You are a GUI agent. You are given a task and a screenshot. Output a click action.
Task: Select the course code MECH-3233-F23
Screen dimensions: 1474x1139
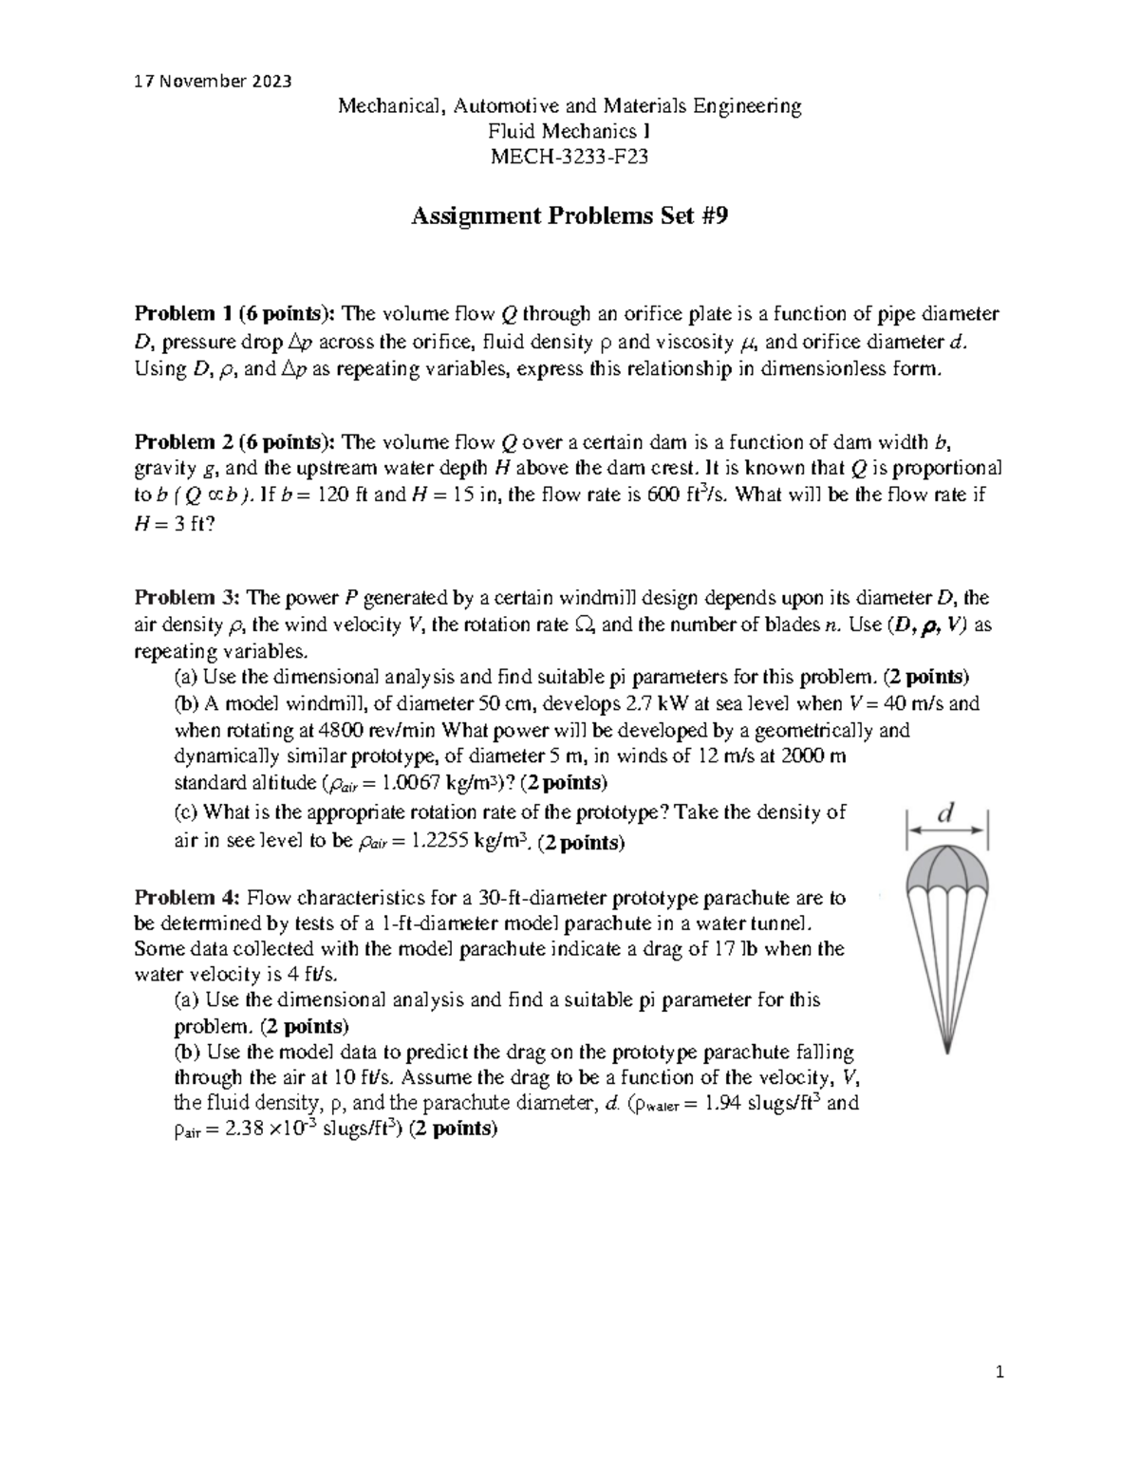click(569, 158)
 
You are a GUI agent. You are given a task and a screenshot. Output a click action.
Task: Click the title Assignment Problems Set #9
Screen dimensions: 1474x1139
click(569, 217)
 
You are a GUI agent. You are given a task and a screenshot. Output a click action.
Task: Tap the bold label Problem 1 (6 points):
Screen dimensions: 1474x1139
click(235, 314)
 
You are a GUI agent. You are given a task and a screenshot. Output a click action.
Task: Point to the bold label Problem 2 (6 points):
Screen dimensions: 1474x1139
click(235, 441)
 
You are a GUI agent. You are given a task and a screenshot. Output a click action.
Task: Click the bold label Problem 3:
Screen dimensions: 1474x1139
click(188, 598)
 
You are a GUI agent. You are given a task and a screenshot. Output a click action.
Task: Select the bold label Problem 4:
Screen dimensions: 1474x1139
click(188, 898)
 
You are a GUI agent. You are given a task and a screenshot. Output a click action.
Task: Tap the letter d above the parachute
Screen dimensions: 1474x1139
click(945, 812)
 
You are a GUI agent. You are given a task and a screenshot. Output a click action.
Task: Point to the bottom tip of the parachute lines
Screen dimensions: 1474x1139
click(947, 1049)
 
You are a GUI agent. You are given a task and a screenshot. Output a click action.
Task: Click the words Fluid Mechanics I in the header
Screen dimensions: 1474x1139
click(569, 132)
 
